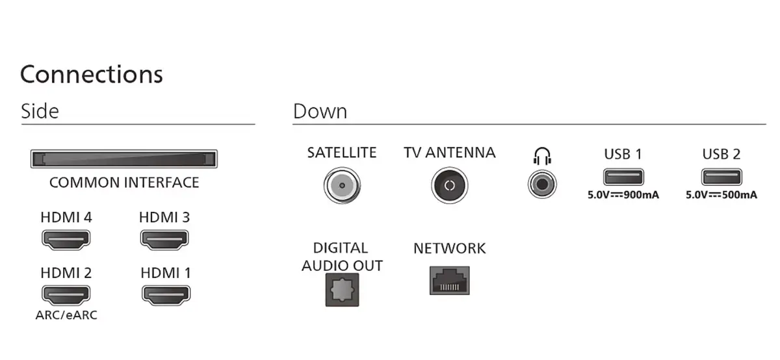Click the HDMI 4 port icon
coord(66,240)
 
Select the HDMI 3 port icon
coord(164,240)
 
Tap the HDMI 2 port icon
coord(66,295)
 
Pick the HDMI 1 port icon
coord(166,295)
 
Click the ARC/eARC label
coord(66,315)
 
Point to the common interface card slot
coord(124,159)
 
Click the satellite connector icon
coord(342,185)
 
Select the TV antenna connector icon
coord(450,185)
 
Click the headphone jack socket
coord(542,184)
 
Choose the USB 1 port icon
coord(623,177)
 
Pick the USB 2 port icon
coord(721,177)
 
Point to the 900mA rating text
coord(641,195)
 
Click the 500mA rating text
coord(739,195)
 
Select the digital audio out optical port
coord(343,290)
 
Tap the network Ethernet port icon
coord(450,281)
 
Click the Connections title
coord(92,74)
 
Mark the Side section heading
coord(40,111)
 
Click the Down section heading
coord(320,111)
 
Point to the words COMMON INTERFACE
coord(124,183)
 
